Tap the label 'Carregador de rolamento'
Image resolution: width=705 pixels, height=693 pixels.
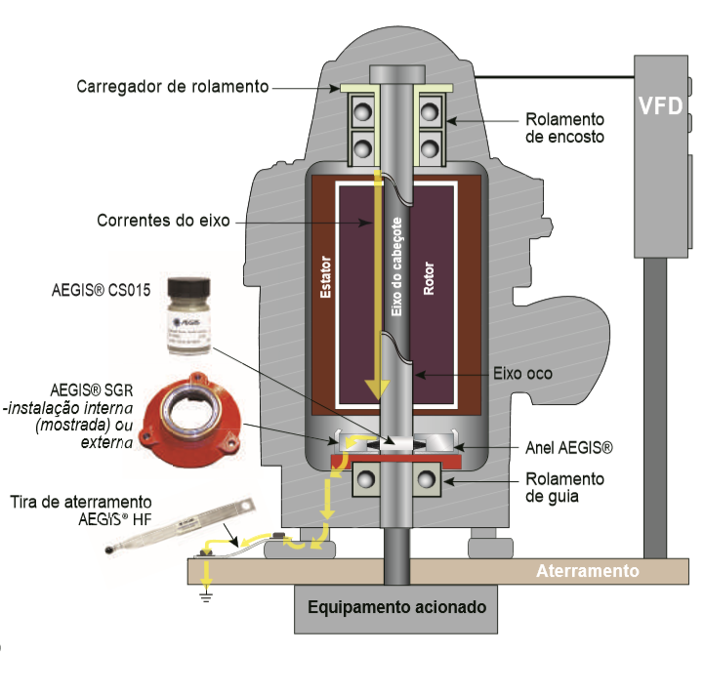pyautogui.click(x=172, y=87)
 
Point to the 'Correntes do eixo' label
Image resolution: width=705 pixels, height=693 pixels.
pyautogui.click(x=163, y=221)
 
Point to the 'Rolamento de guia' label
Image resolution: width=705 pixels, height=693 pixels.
pyautogui.click(x=564, y=486)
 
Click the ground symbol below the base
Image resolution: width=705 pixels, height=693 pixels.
pyautogui.click(x=204, y=594)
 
